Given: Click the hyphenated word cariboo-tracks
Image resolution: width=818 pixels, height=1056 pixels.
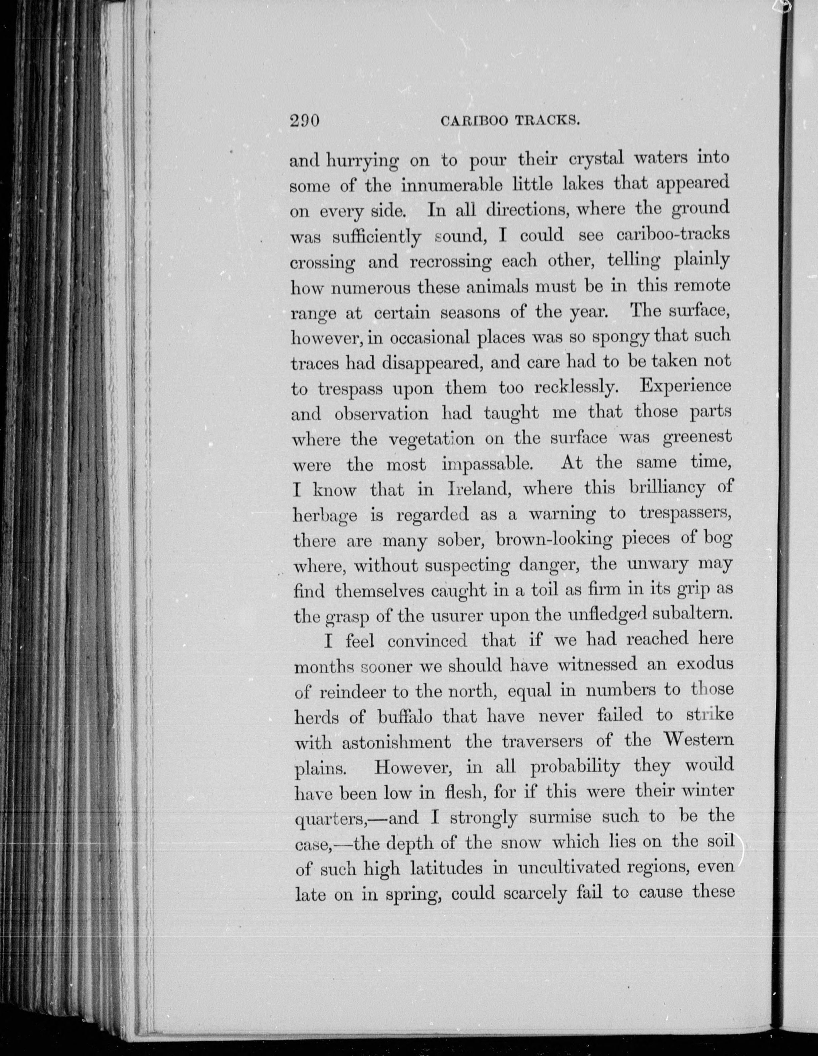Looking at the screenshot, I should (x=673, y=235).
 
